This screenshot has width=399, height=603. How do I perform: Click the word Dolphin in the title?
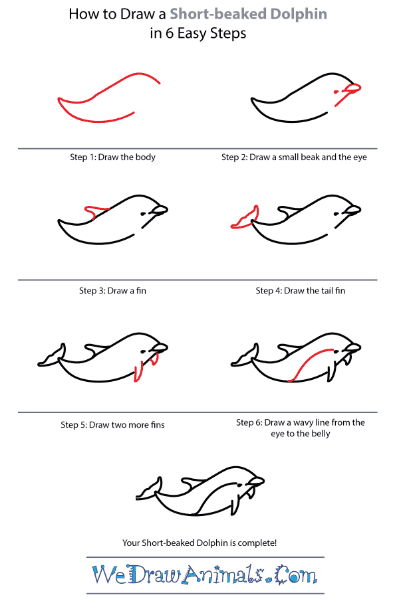pos(299,14)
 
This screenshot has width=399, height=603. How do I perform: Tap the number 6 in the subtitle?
pos(170,33)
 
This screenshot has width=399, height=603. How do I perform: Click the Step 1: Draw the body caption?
pos(112,157)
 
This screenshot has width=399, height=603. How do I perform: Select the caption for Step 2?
pos(294,157)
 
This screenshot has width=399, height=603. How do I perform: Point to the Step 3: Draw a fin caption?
pos(112,291)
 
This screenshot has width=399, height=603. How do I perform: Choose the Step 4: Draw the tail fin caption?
pos(301,291)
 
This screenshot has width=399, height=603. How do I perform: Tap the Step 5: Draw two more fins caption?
pos(112,425)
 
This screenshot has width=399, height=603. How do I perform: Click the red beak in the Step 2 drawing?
pos(352,89)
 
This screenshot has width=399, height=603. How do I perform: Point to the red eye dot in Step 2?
pos(336,92)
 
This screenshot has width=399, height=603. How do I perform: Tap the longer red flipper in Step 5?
pos(138,371)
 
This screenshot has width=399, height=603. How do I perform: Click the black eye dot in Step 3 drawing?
pos(143,213)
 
